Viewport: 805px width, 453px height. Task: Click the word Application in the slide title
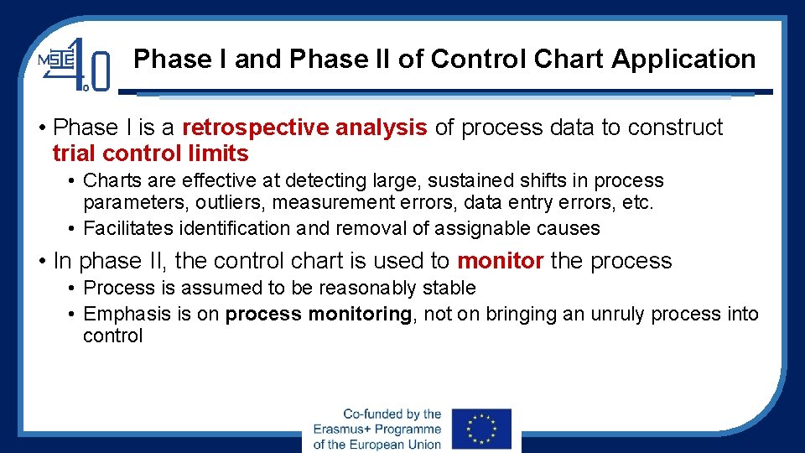tap(683, 60)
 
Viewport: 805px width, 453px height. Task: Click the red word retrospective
tap(255, 128)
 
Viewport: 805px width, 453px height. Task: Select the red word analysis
tap(382, 128)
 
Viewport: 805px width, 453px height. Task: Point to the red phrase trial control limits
tap(150, 154)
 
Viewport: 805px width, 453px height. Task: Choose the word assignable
tap(462, 228)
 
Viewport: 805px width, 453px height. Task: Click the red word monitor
tap(501, 261)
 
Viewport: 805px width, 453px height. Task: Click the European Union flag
tap(480, 429)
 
